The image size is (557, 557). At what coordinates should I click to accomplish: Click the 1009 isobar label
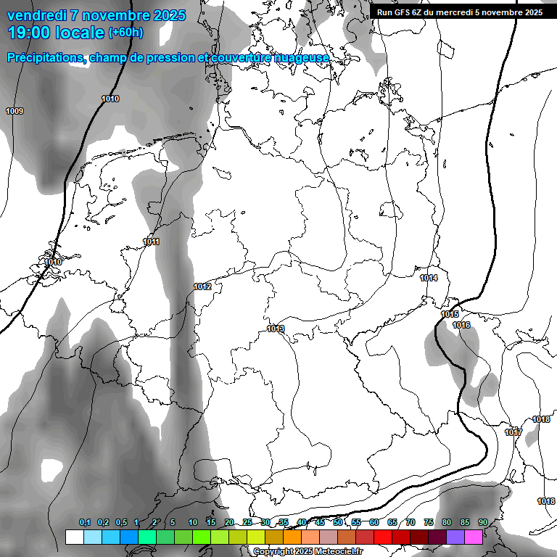point(15,111)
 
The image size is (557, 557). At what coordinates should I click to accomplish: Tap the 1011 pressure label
point(151,242)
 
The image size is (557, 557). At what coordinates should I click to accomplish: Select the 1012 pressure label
point(202,286)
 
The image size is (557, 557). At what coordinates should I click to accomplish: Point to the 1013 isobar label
point(276,329)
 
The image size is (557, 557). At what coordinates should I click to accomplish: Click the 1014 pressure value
point(429,278)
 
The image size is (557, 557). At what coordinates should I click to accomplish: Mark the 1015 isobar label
point(450,314)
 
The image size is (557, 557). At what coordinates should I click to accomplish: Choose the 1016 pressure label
point(461,325)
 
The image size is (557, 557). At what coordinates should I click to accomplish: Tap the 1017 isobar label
point(513,432)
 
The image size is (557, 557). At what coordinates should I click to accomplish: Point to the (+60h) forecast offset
point(125,33)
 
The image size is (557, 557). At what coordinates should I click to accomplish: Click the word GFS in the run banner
point(403,12)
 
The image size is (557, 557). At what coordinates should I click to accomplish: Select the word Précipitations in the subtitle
point(46,57)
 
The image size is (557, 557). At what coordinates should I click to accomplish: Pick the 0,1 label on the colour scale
point(85,522)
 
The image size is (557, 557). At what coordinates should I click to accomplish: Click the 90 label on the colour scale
point(482,522)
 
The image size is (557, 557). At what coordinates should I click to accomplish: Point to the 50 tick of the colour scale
point(338,522)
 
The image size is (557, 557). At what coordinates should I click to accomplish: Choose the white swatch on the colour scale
point(74,537)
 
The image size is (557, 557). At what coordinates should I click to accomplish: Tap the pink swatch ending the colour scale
point(474,537)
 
